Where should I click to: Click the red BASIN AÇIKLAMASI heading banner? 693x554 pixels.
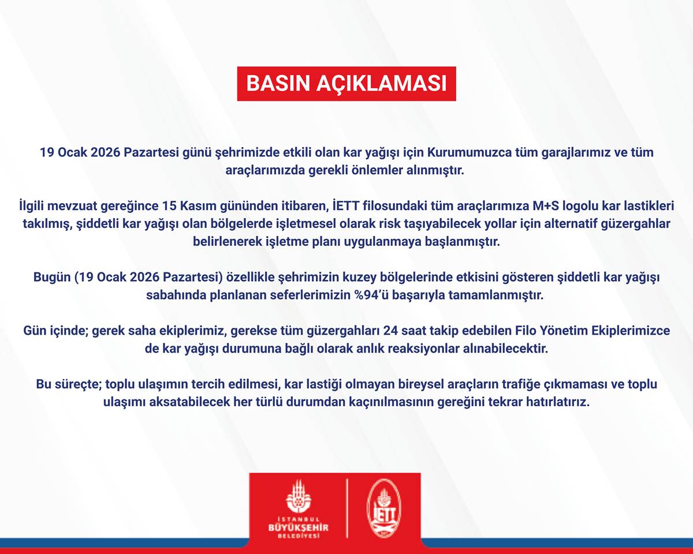pos(346,84)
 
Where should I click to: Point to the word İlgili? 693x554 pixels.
pos(32,205)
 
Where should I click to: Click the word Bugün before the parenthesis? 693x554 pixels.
pos(52,278)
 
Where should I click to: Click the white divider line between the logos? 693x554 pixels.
pos(346,508)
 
